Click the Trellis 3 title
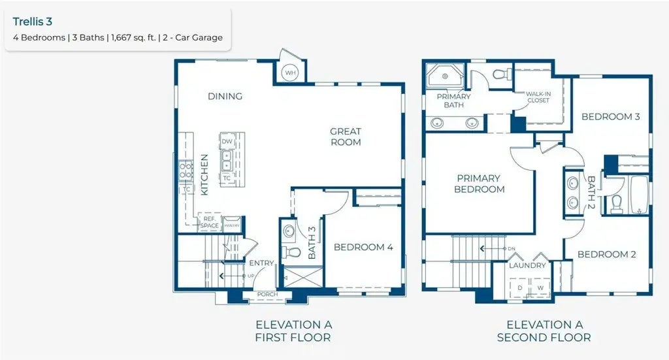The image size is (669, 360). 33,22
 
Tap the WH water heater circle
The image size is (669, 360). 289,73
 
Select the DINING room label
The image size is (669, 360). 225,96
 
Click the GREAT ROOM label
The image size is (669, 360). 346,137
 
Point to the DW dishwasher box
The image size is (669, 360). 227,141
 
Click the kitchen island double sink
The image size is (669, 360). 227,158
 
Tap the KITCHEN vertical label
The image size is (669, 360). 204,174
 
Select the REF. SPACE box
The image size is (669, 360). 210,222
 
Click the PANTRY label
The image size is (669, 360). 232,225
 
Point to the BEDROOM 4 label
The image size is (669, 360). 363,247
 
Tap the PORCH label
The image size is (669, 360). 267,295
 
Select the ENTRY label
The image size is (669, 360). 262,263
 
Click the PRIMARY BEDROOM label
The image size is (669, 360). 478,184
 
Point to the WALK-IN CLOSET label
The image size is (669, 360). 538,97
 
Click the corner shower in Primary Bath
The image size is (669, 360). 444,78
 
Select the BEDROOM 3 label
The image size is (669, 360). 610,116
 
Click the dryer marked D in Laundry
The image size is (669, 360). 521,287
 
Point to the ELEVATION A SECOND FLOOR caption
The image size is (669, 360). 544,331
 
